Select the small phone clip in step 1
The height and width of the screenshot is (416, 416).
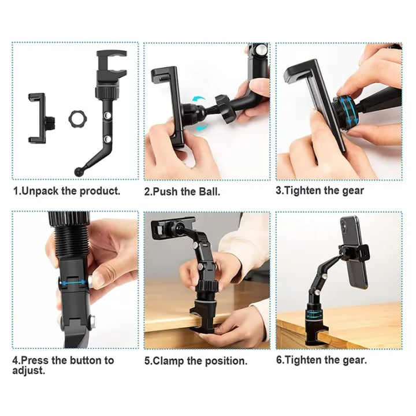point(38,118)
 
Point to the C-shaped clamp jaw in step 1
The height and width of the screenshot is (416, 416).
point(111,65)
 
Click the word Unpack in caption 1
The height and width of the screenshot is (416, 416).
point(39,191)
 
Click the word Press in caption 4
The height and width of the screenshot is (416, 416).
point(35,360)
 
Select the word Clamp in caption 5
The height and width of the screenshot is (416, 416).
point(168,361)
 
